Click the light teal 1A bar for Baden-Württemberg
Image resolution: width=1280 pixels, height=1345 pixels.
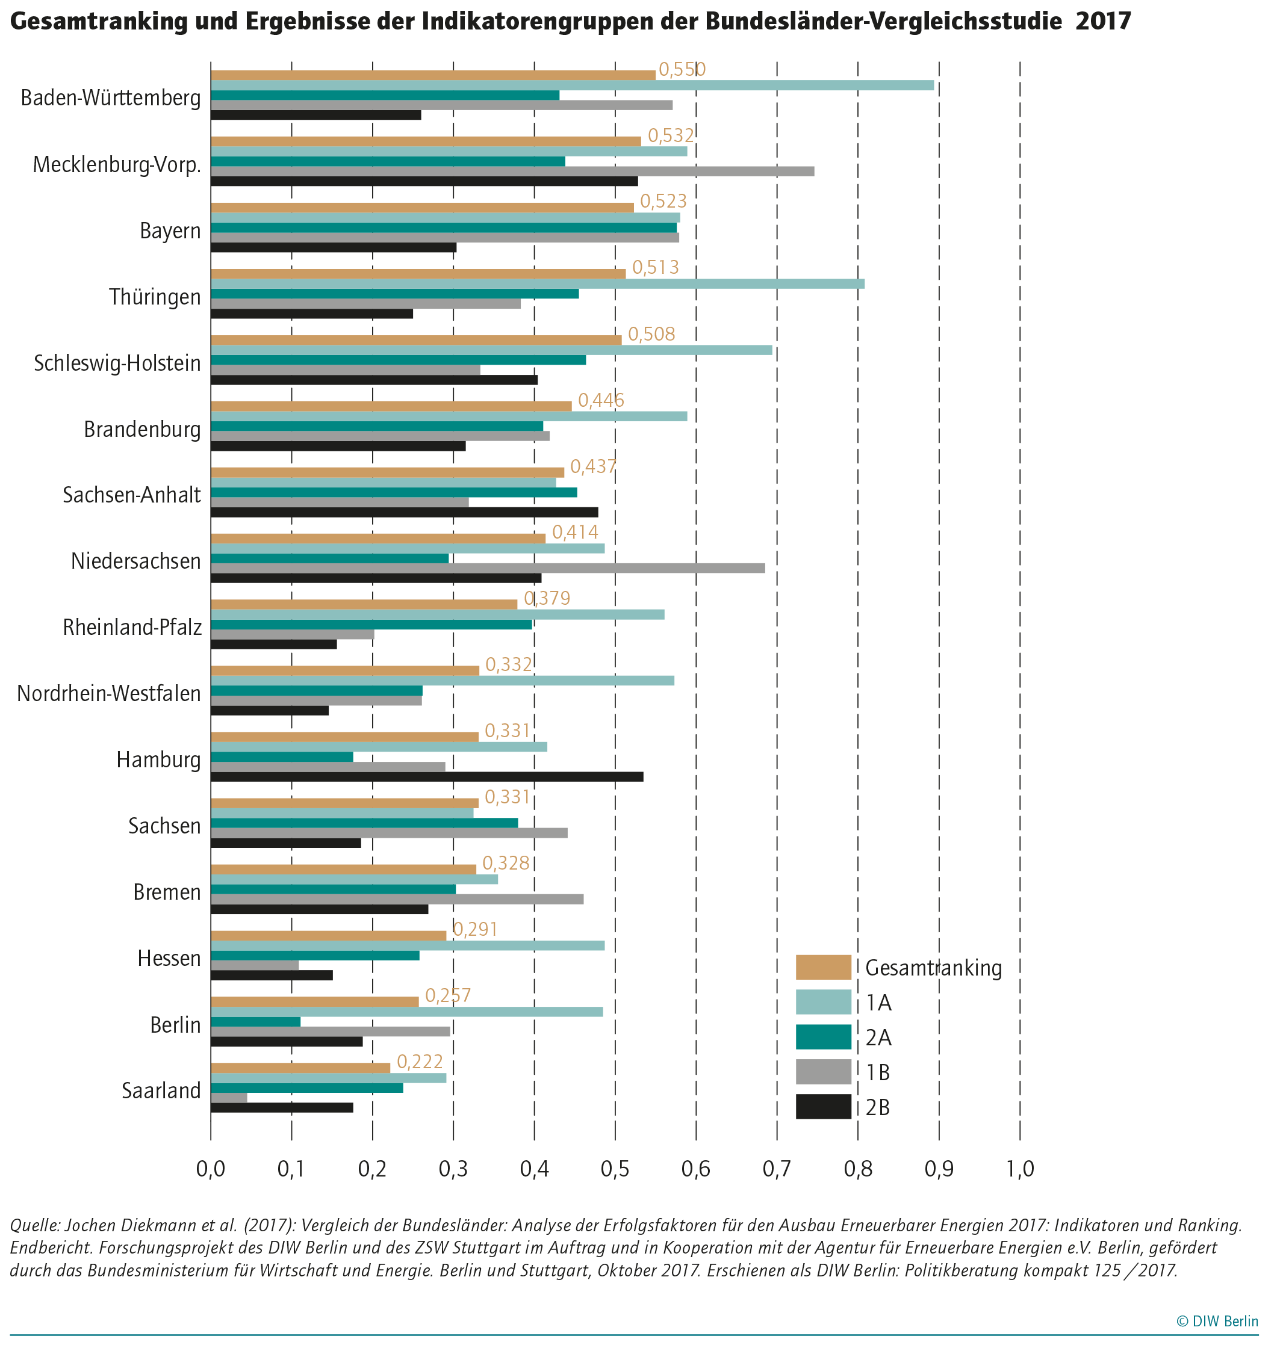click(x=572, y=85)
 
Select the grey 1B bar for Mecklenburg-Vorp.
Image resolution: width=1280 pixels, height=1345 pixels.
click(x=512, y=171)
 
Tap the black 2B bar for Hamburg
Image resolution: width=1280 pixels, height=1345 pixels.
click(x=427, y=777)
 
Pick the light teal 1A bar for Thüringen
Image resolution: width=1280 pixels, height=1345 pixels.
click(x=538, y=283)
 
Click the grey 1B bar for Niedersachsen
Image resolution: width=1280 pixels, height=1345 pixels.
click(x=488, y=568)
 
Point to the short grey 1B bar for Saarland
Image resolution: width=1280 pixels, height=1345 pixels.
click(x=229, y=1098)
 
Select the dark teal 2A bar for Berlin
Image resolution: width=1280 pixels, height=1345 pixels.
click(x=256, y=1022)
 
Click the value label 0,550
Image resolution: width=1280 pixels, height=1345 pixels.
click(x=682, y=70)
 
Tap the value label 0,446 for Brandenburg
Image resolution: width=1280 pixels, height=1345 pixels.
click(x=601, y=400)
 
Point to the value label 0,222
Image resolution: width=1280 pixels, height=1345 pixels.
click(x=420, y=1062)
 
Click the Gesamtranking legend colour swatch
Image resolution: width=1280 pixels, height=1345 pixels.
click(x=824, y=967)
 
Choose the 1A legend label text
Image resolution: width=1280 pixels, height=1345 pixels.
click(x=879, y=1003)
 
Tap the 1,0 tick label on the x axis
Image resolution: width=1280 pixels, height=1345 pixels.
click(x=1020, y=1170)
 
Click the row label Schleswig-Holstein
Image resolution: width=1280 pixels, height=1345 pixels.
click(x=117, y=363)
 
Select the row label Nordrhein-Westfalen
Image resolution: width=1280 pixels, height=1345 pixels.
click(x=109, y=694)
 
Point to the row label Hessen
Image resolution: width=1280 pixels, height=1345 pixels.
click(x=169, y=958)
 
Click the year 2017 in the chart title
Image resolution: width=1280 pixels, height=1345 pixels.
click(x=1103, y=21)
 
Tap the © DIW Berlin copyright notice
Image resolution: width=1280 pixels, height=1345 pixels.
click(x=1217, y=1321)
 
